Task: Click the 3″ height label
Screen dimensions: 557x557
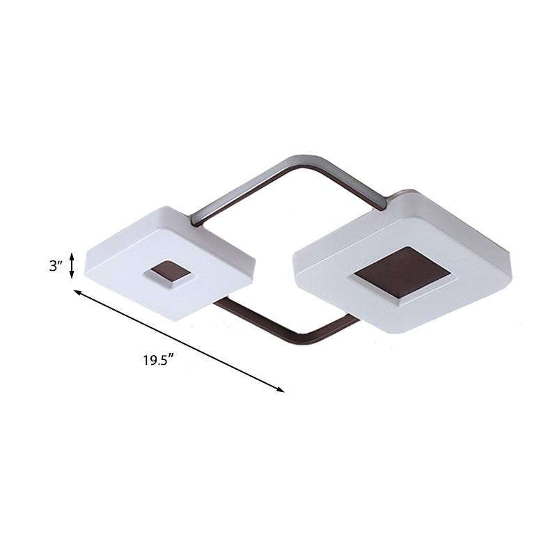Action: tap(56, 266)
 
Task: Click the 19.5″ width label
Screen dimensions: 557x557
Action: tap(157, 361)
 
